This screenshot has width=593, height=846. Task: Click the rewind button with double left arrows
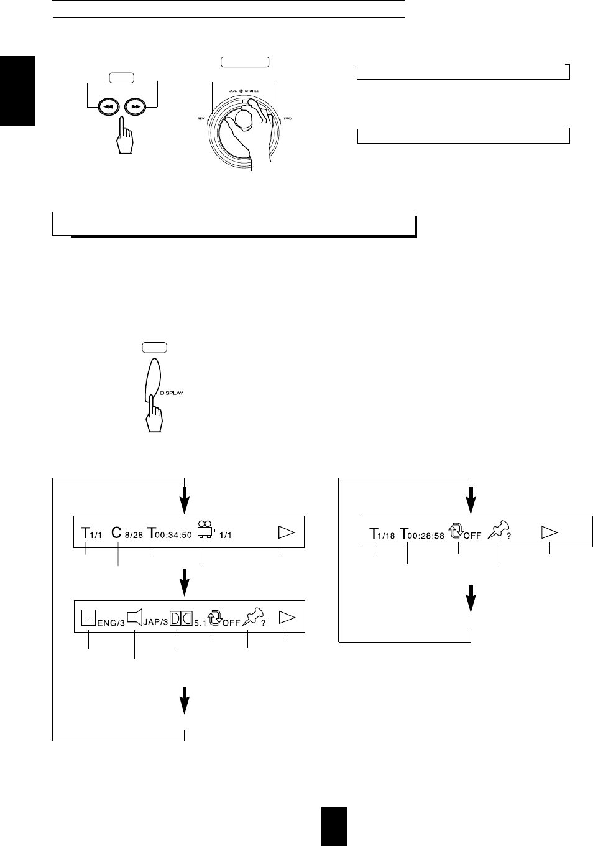(x=108, y=106)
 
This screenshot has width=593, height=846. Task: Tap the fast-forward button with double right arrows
(x=136, y=106)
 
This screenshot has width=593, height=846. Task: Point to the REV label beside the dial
(x=201, y=118)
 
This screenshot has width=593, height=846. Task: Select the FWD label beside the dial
(x=288, y=118)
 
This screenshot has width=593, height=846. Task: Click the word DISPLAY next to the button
(x=170, y=393)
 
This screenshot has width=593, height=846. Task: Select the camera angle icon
(x=205, y=531)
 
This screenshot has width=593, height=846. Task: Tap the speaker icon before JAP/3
(x=135, y=618)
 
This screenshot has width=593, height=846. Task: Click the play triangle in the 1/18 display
(x=550, y=532)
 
